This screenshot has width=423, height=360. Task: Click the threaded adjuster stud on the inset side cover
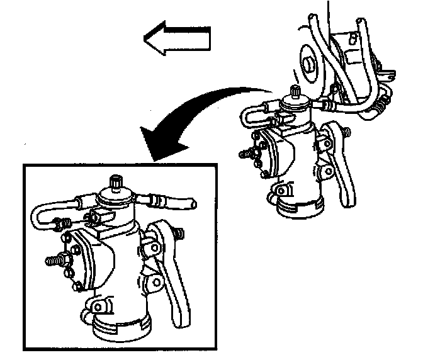pyautogui.click(x=54, y=259)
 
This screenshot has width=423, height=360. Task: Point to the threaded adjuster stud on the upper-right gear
pyautogui.click(x=247, y=153)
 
